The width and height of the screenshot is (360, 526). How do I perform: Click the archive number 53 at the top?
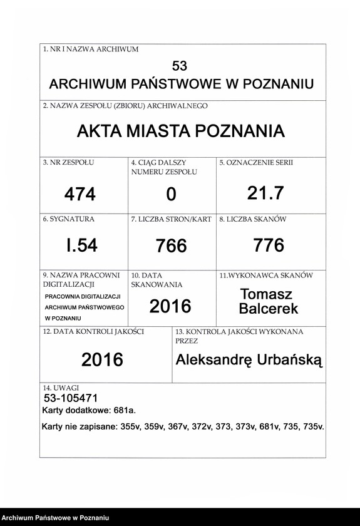tap(179, 66)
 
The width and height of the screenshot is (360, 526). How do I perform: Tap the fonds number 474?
tap(80, 195)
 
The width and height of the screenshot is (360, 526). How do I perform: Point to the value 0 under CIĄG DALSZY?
tap(171, 195)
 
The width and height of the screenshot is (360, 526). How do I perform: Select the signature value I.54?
tap(82, 245)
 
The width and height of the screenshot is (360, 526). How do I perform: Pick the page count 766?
tap(172, 246)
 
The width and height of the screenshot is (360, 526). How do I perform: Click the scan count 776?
tap(269, 245)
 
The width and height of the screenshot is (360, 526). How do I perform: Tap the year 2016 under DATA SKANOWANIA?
tap(170, 306)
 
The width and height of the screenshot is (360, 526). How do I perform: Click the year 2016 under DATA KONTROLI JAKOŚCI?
tap(102, 360)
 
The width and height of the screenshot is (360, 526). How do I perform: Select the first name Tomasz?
tap(266, 294)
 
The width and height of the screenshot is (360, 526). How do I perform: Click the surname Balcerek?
tap(269, 308)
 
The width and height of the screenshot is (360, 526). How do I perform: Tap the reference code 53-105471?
tap(71, 398)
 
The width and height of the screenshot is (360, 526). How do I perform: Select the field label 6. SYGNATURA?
tap(68, 220)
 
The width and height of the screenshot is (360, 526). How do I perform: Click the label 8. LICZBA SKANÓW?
tap(252, 220)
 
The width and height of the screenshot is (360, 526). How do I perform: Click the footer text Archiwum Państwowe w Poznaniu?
tap(56, 518)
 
